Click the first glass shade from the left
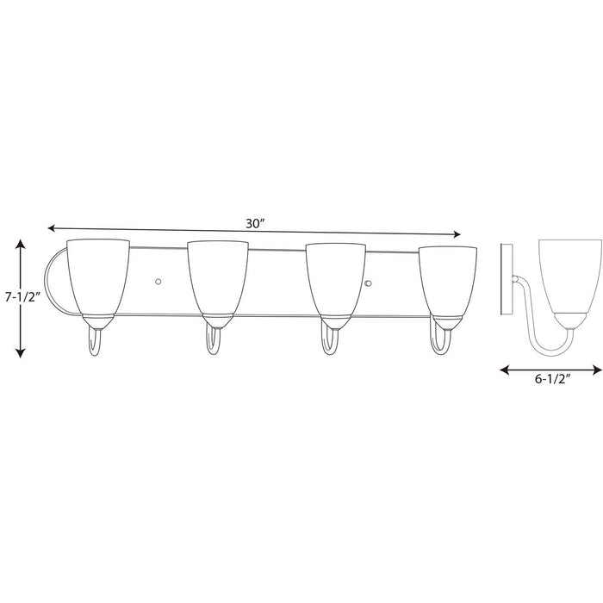[97, 267]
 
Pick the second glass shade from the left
[218, 268]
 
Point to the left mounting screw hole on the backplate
[159, 280]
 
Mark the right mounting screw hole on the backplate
[368, 284]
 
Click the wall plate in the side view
[508, 276]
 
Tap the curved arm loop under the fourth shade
[439, 341]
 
